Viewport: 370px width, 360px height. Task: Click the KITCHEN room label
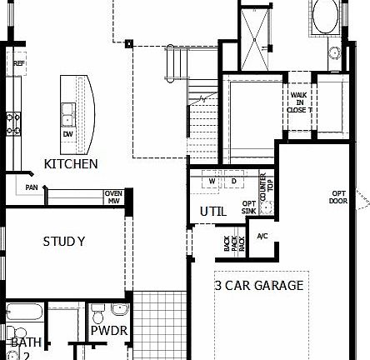click(71, 164)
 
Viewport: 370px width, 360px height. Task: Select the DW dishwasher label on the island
click(67, 132)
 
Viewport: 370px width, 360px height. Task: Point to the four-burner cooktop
click(13, 124)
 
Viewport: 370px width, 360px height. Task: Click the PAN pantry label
click(31, 187)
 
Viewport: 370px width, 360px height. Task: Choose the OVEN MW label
click(113, 197)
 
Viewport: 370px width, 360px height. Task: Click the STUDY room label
click(63, 242)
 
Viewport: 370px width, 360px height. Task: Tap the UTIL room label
click(212, 211)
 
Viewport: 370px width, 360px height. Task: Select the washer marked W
click(212, 181)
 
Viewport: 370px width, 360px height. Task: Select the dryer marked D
click(233, 181)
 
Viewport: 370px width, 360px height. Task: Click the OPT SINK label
click(248, 207)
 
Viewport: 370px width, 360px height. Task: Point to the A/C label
click(262, 236)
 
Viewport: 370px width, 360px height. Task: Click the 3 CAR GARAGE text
click(258, 285)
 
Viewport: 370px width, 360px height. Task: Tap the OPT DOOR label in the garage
click(337, 197)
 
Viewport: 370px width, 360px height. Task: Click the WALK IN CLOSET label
click(298, 102)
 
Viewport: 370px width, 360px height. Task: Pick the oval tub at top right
click(326, 14)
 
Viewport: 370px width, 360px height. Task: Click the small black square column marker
click(129, 43)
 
